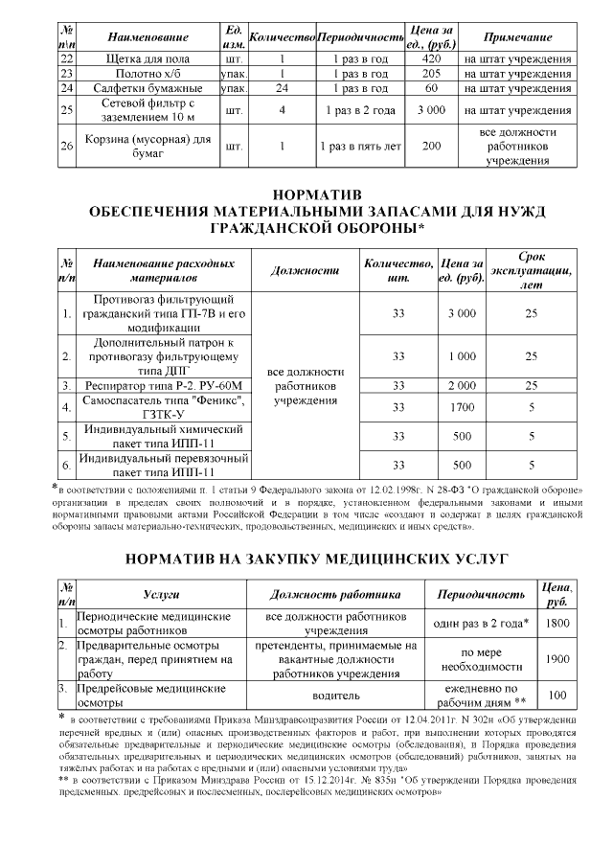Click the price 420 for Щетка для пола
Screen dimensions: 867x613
point(431,59)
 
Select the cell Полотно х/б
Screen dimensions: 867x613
point(148,74)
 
